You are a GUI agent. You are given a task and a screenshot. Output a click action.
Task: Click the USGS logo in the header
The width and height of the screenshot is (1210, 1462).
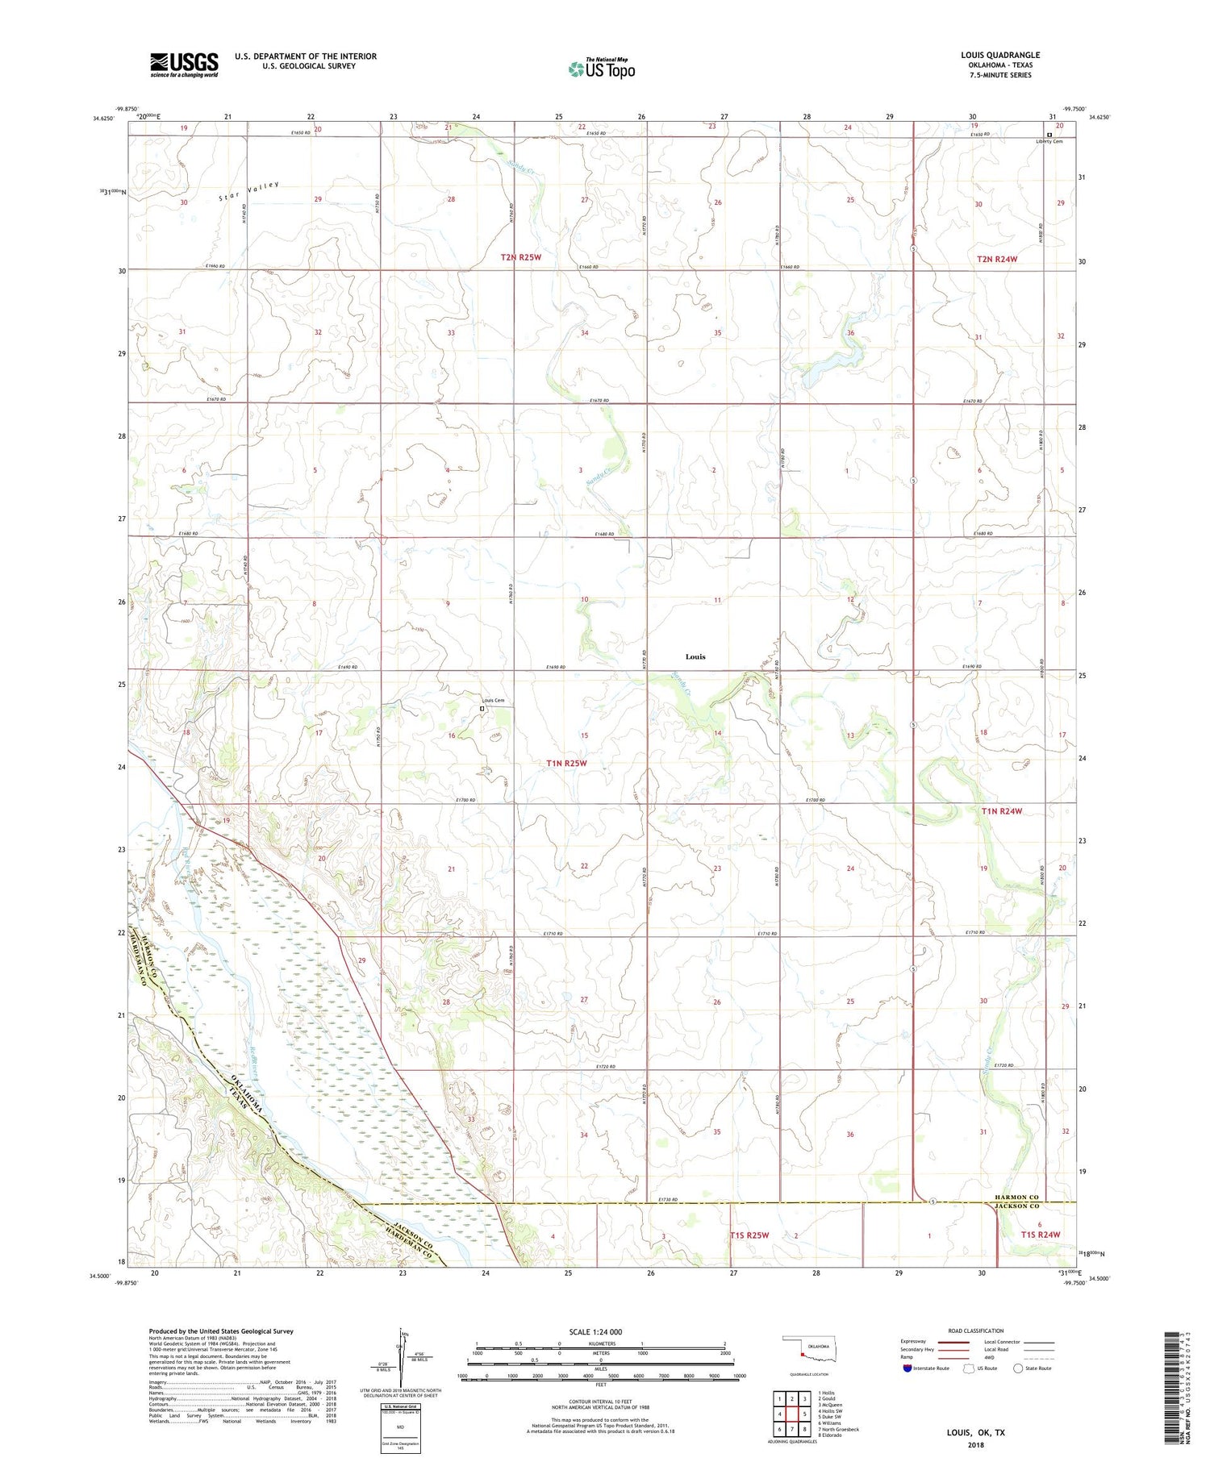(x=184, y=65)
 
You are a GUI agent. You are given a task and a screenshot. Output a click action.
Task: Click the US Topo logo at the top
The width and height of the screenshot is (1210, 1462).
(x=602, y=69)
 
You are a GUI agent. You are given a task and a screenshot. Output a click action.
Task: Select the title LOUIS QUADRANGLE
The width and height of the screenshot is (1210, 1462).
(x=999, y=56)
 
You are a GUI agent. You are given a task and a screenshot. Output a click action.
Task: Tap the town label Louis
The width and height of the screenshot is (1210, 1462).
(x=695, y=656)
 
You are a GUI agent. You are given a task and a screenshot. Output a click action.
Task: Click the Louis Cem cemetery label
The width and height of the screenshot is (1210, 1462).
(x=492, y=700)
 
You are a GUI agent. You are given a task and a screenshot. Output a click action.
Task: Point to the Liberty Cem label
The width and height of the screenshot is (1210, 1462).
(x=1049, y=141)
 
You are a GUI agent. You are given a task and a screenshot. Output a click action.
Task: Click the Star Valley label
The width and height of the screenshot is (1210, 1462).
(x=250, y=191)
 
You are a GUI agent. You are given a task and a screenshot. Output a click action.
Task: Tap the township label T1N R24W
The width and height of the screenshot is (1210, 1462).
(x=1001, y=811)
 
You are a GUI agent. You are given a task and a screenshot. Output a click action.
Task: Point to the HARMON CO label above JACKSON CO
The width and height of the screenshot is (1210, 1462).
(x=1016, y=1197)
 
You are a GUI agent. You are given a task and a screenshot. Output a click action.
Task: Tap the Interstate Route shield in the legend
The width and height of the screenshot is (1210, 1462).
(x=907, y=1368)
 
